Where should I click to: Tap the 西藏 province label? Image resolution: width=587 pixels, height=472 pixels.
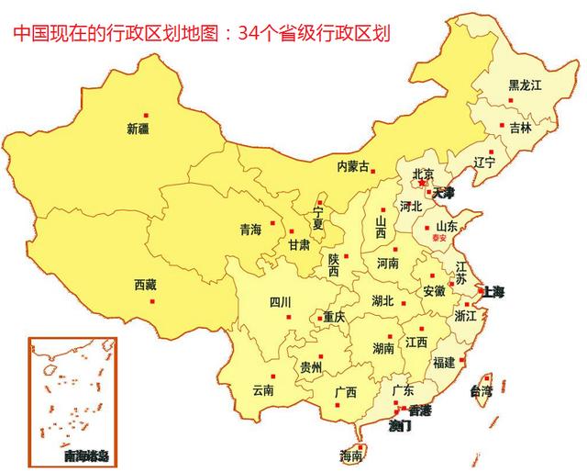tap(145, 285)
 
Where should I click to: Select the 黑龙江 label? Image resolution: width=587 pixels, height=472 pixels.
tap(526, 85)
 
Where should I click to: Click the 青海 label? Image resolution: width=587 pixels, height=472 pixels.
tap(250, 229)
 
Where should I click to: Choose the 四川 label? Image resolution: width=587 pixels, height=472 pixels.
tap(280, 302)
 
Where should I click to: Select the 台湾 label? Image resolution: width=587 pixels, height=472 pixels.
tap(482, 391)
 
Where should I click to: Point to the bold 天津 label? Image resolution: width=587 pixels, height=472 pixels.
tap(444, 194)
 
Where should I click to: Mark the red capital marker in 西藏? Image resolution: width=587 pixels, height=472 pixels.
tap(153, 300)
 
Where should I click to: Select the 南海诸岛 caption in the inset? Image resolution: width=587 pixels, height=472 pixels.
tap(85, 455)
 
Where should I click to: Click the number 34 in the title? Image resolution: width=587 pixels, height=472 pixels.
tap(247, 35)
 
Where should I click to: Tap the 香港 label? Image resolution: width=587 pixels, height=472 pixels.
tap(421, 410)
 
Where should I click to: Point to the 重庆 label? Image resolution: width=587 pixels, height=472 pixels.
tap(334, 317)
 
